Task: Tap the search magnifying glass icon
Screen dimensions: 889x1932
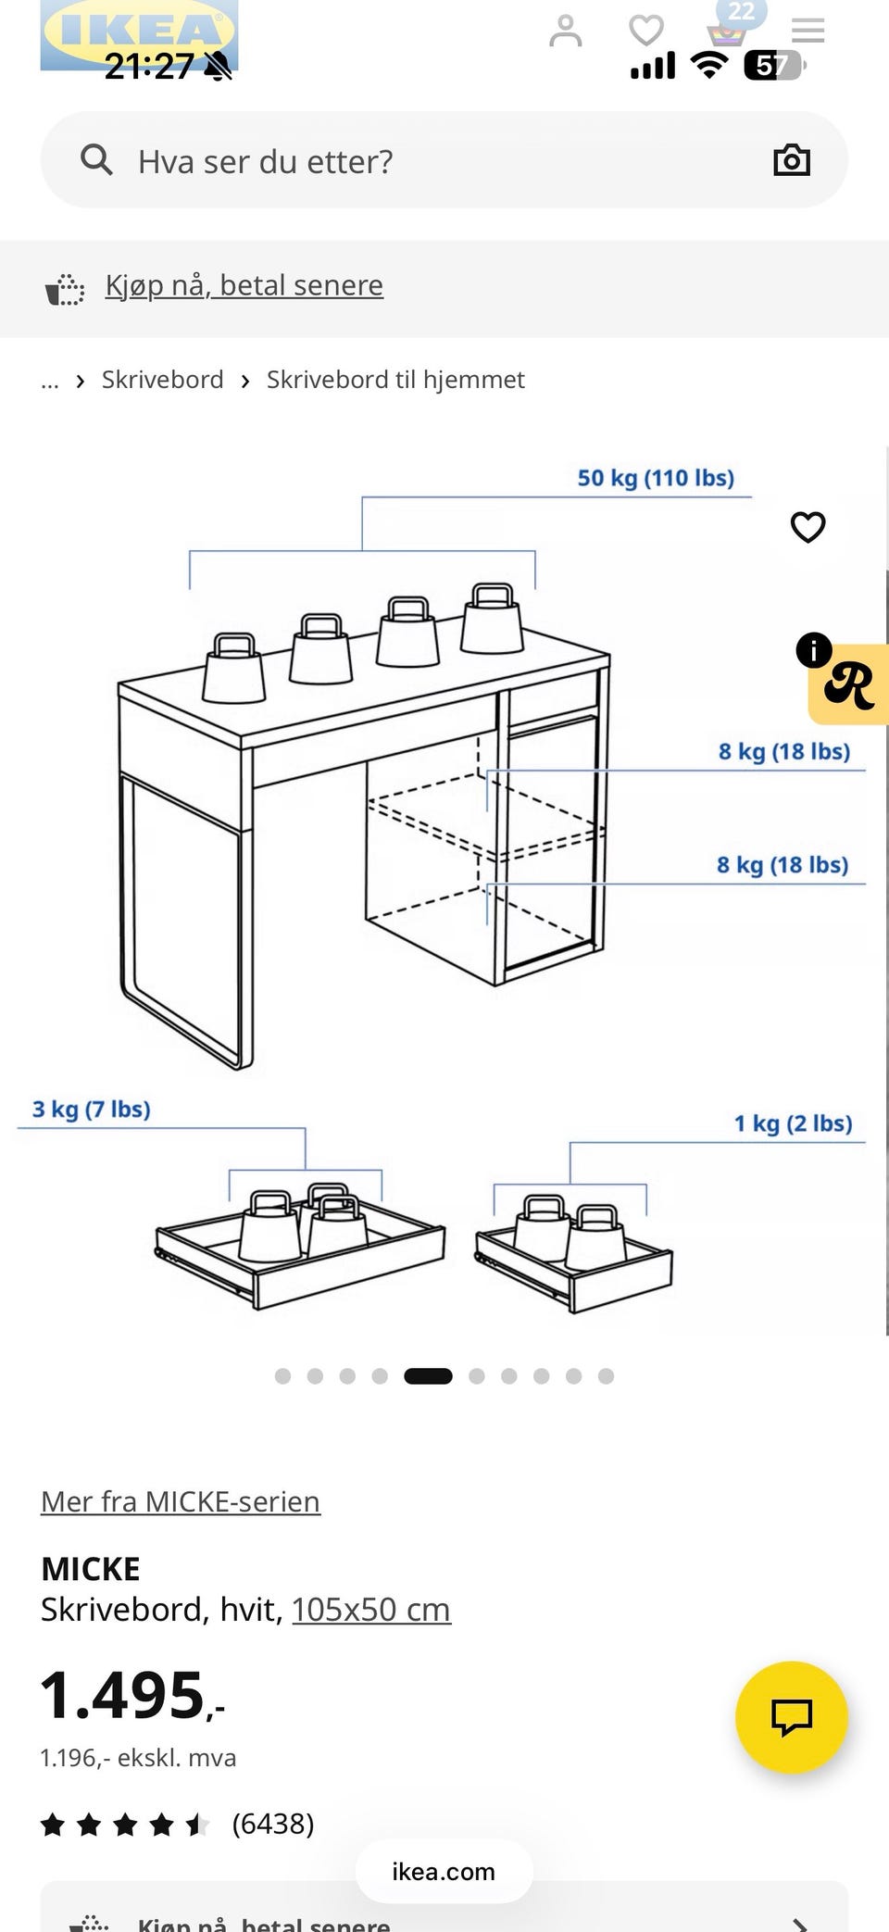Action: (x=96, y=159)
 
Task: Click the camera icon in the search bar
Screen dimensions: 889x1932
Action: (x=792, y=159)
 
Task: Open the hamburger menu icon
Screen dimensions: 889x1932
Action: (x=808, y=31)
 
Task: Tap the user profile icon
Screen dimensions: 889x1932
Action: (x=566, y=31)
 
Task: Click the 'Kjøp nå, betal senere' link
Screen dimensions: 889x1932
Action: (x=244, y=285)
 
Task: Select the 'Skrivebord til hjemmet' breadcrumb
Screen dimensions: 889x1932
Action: (x=395, y=380)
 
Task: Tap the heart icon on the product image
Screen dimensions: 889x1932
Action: (x=808, y=527)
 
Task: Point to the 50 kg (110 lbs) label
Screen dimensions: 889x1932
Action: (x=656, y=478)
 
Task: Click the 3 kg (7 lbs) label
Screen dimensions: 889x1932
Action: (x=92, y=1109)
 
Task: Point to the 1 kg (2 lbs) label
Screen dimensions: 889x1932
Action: (x=794, y=1123)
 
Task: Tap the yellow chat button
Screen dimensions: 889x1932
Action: (x=792, y=1717)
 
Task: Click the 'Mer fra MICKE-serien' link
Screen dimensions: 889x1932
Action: (x=181, y=1500)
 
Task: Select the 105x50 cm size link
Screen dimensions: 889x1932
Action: (x=371, y=1610)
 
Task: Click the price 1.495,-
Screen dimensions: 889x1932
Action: (x=132, y=1695)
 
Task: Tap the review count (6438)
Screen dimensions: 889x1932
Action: (x=273, y=1824)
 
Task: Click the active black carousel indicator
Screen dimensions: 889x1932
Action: (x=428, y=1376)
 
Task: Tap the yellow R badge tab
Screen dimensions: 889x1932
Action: (x=848, y=684)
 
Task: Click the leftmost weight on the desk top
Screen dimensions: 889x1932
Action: (x=233, y=668)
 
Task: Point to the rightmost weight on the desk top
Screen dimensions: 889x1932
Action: (x=492, y=618)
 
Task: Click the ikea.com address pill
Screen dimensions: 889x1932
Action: (x=444, y=1871)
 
